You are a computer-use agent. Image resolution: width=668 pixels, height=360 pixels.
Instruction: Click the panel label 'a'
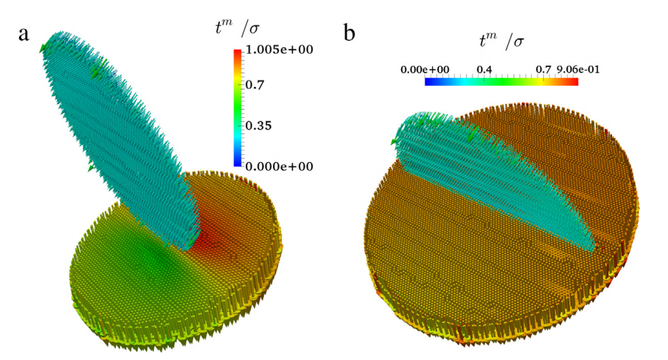click(23, 33)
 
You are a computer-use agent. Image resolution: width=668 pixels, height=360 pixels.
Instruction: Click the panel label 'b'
click(352, 33)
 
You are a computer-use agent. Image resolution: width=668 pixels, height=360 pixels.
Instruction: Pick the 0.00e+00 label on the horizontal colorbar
click(426, 70)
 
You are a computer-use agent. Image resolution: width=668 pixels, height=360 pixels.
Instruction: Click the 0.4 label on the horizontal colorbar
click(484, 70)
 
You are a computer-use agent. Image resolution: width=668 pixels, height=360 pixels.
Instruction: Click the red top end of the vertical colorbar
click(238, 52)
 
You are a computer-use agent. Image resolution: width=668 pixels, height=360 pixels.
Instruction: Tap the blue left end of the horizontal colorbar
click(428, 82)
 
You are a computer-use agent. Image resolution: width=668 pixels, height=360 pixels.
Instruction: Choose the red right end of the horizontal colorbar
click(575, 82)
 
